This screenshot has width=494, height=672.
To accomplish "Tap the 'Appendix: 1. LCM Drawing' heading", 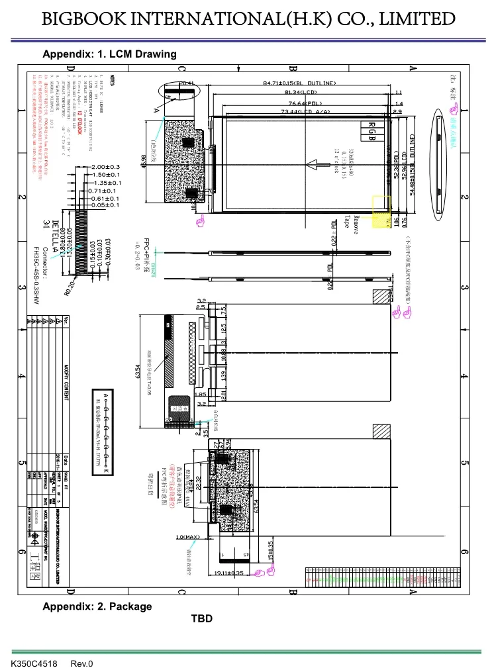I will point(109,54).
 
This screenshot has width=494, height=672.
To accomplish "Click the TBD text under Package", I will point(202,619).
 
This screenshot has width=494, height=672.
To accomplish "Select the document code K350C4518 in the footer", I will point(32,664).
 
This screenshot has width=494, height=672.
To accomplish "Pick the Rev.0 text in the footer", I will point(82,664).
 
